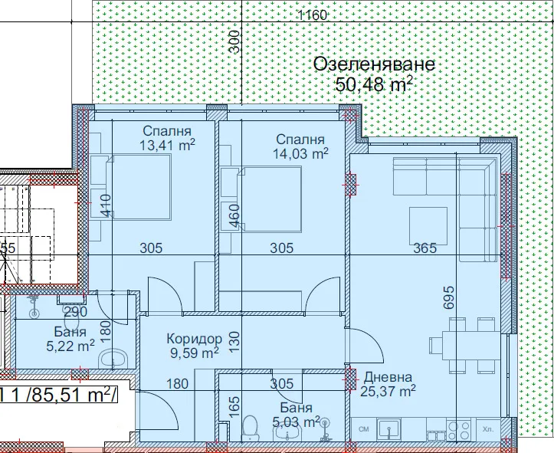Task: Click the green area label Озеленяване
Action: click(x=374, y=64)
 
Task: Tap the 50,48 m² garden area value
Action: click(x=375, y=84)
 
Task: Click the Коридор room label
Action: click(x=194, y=339)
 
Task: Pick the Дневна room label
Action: click(x=388, y=377)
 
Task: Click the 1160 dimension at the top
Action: click(x=313, y=15)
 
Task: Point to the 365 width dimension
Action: click(x=424, y=248)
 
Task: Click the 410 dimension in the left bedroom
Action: click(x=106, y=205)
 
